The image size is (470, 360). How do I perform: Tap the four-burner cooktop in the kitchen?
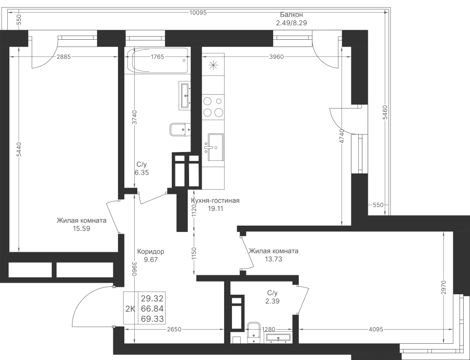[x=213, y=106]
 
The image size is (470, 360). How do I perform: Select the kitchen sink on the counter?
[x=215, y=147]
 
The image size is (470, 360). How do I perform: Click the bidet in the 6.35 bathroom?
[x=180, y=130]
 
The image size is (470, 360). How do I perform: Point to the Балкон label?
[x=291, y=15]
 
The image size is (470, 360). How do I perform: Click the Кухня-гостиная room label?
[x=215, y=201]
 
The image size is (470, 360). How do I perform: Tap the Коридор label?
[x=150, y=251]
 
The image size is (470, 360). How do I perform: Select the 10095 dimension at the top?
[x=198, y=13]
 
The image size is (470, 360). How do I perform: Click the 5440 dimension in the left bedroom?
[x=19, y=149]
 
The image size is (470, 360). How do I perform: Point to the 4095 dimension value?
[x=376, y=329]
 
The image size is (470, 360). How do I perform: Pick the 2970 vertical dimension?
[x=444, y=288]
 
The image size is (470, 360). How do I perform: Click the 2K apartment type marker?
[x=131, y=309]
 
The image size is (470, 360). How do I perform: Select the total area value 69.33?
[x=152, y=319]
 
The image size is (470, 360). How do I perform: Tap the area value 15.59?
[x=81, y=229]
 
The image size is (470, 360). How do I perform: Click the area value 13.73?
[x=273, y=259]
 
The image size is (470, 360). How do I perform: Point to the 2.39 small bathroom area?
[x=273, y=301]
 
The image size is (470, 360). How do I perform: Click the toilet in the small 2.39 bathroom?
[x=254, y=332]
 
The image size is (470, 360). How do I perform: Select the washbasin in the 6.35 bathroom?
[x=185, y=95]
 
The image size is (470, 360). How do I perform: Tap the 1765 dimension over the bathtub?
[x=157, y=57]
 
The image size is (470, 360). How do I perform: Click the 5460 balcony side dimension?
[x=385, y=112]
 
